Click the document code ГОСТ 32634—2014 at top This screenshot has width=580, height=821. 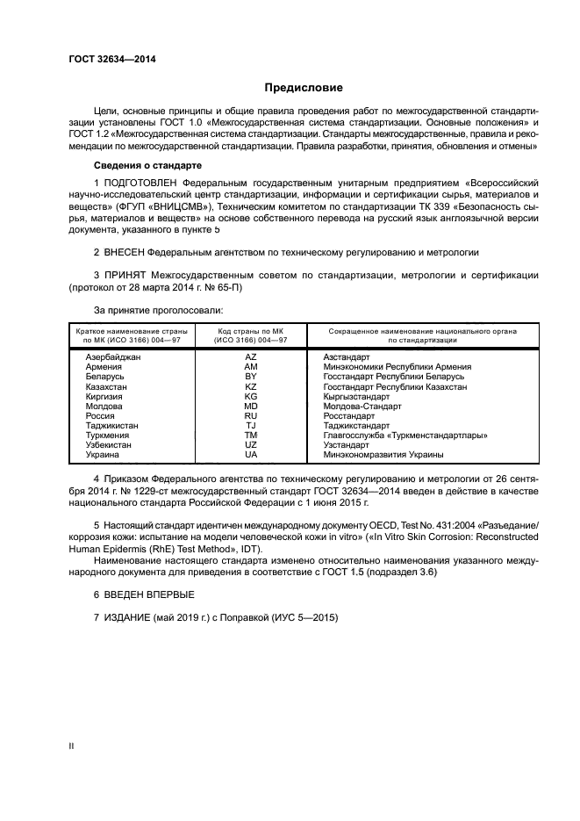(105, 59)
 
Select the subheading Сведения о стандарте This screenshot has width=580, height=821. (147, 165)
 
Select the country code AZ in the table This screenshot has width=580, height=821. (251, 357)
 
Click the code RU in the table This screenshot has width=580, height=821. (251, 415)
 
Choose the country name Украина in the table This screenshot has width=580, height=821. (103, 454)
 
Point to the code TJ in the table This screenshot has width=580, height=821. (251, 425)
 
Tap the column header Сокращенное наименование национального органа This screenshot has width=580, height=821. (422, 331)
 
